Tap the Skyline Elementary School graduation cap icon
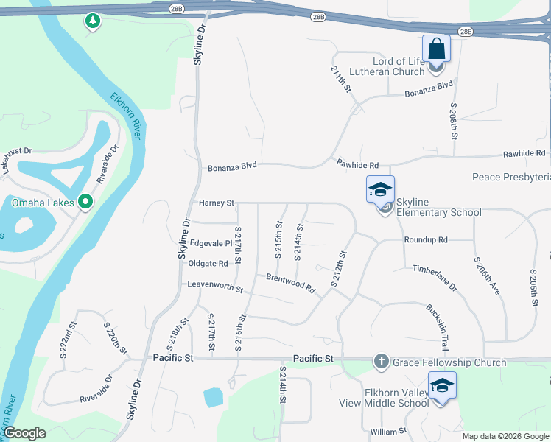pyautogui.click(x=380, y=190)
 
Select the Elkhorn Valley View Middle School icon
pyautogui.click(x=442, y=386)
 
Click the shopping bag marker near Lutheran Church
pyautogui.click(x=436, y=50)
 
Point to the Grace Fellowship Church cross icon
pyautogui.click(x=381, y=362)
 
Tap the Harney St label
pyautogui.click(x=216, y=203)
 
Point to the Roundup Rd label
pyautogui.click(x=426, y=240)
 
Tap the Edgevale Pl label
pyautogui.click(x=211, y=243)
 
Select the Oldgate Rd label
pyautogui.click(x=208, y=264)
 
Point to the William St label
pyautogui.click(x=388, y=431)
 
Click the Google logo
pyautogui.click(x=24, y=434)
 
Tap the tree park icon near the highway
pyautogui.click(x=92, y=21)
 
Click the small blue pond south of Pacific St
pyautogui.click(x=213, y=398)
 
